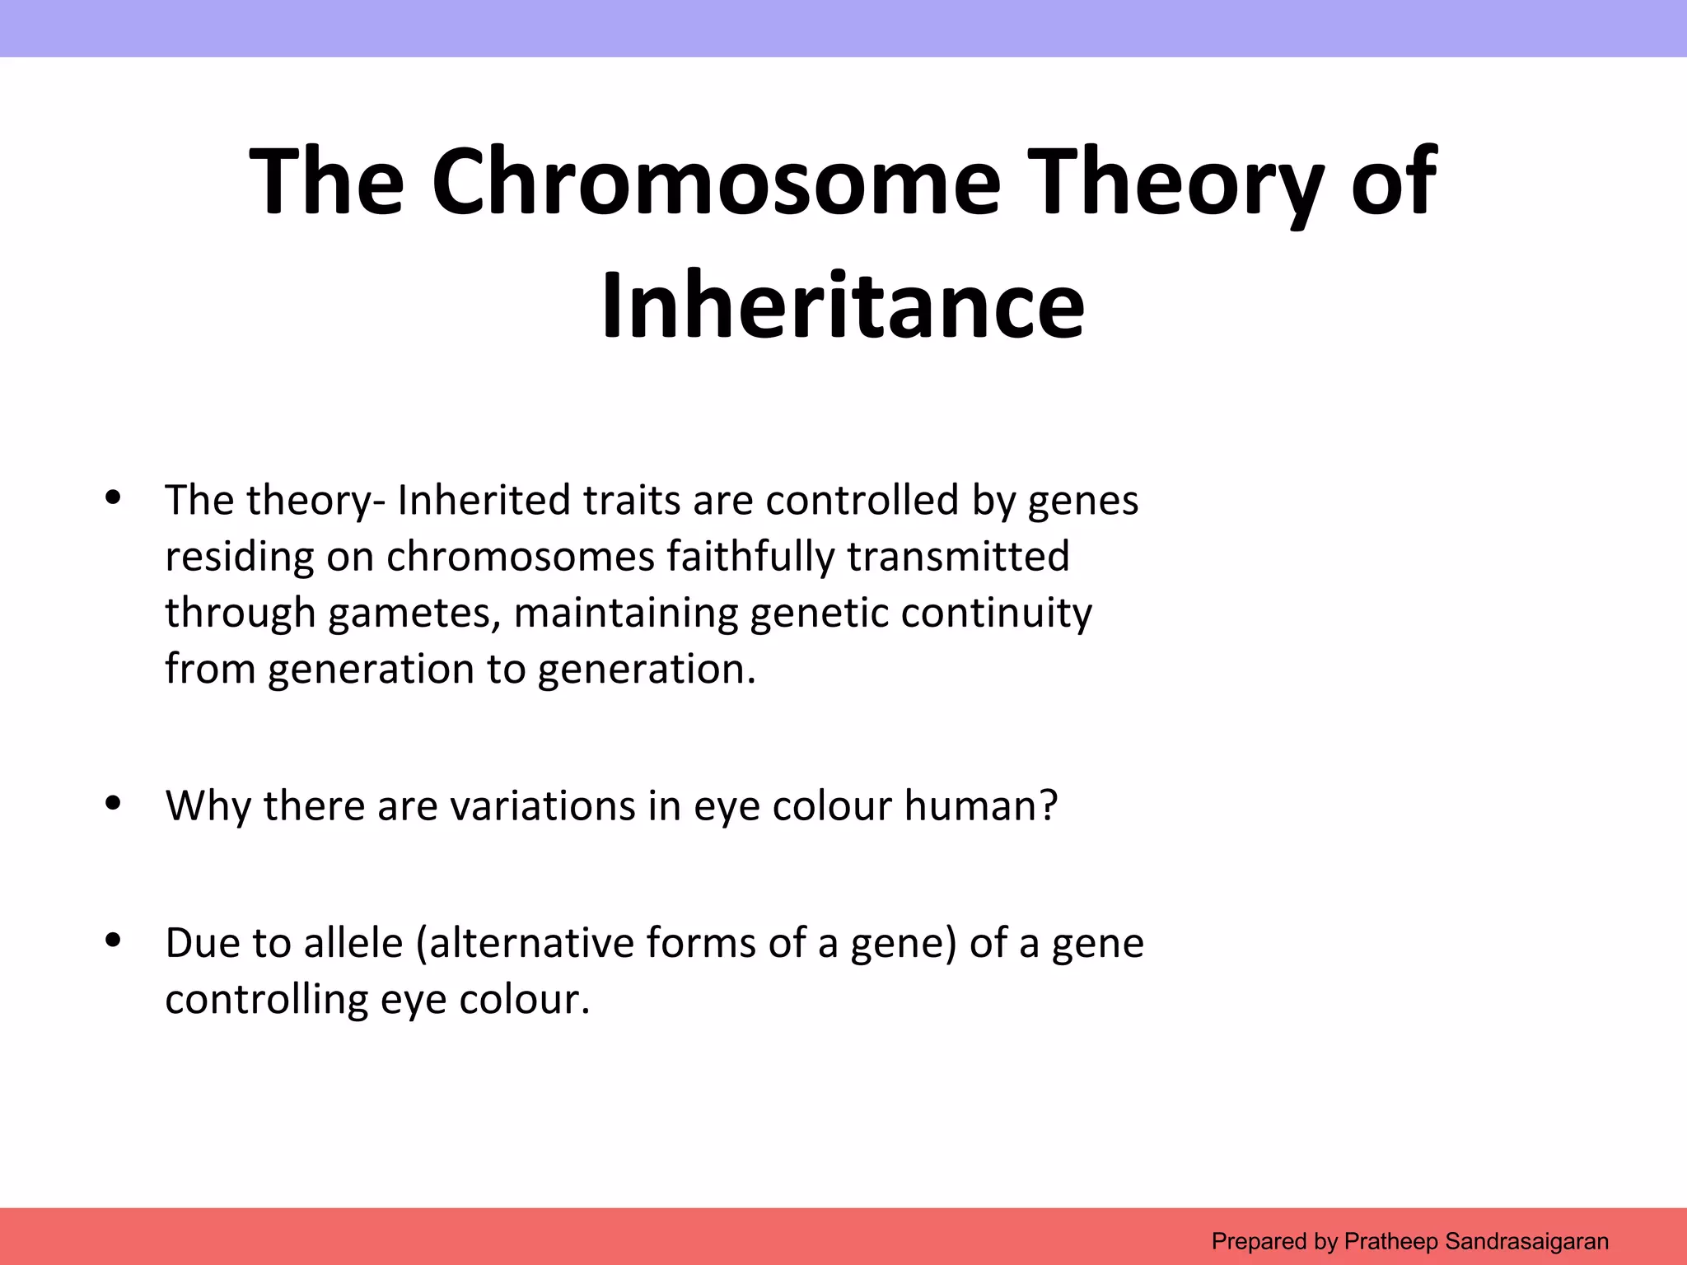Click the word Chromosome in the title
tap(715, 183)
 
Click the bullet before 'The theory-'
tap(114, 497)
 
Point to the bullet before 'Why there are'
tap(114, 802)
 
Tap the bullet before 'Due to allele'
tap(114, 940)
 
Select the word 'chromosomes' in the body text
tap(520, 557)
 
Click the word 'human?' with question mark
tap(980, 805)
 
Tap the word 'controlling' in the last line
tap(266, 1000)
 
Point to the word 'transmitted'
tap(958, 557)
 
